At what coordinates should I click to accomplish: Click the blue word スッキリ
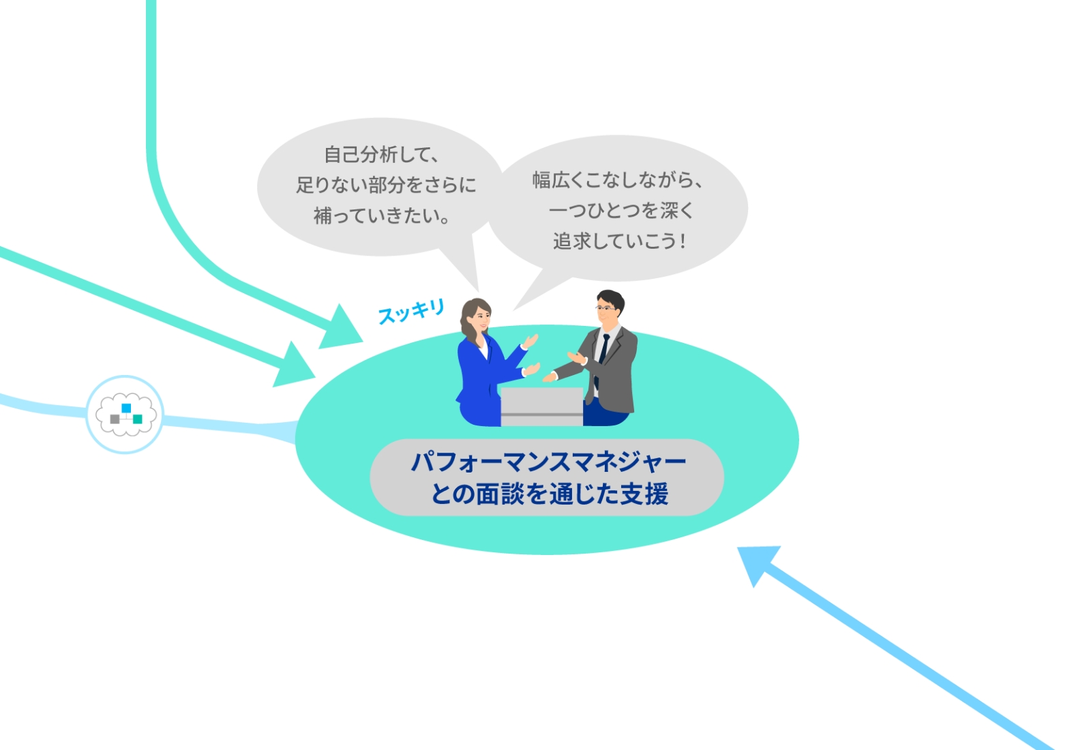pyautogui.click(x=411, y=312)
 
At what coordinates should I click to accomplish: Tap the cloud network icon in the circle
pyautogui.click(x=125, y=414)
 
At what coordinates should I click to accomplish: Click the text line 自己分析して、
pyautogui.click(x=381, y=155)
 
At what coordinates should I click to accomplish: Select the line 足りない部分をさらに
pyautogui.click(x=386, y=185)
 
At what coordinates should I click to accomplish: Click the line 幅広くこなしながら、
pyautogui.click(x=617, y=180)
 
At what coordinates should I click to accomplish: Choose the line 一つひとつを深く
pyautogui.click(x=621, y=210)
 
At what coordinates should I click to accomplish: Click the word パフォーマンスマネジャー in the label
pyautogui.click(x=548, y=462)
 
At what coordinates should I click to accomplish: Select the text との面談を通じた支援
pyautogui.click(x=549, y=493)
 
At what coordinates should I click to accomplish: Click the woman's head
pyautogui.click(x=476, y=316)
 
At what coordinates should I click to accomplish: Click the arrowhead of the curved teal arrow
pyautogui.click(x=341, y=329)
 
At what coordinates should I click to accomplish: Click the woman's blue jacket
pyautogui.click(x=480, y=382)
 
